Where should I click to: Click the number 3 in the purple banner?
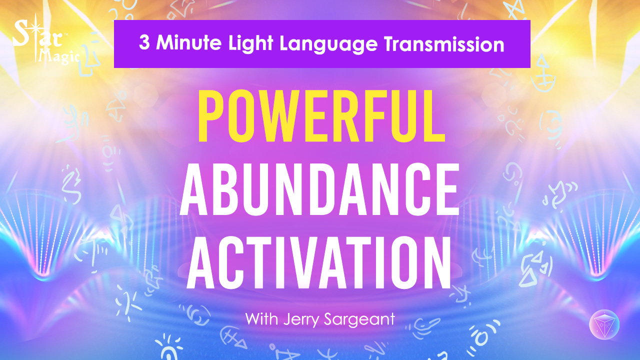pos(144,44)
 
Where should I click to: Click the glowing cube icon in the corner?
pos(604,325)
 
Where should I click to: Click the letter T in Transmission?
pos(388,44)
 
